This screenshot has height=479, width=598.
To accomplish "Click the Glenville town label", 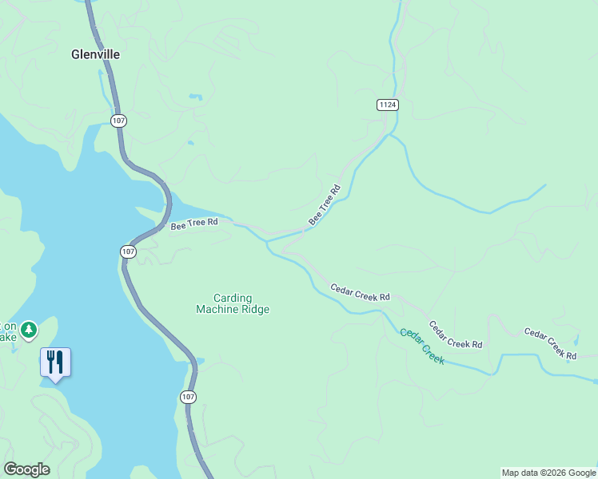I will (95, 54).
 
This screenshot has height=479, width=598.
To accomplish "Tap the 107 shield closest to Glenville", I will (118, 121).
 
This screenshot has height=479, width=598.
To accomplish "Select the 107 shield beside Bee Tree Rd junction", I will (128, 251).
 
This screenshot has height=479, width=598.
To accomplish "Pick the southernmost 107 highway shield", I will (187, 397).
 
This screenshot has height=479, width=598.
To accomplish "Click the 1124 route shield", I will (388, 105).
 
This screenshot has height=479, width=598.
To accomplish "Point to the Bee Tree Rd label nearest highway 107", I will (194, 225).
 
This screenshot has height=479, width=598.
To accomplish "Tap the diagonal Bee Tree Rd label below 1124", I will (325, 204).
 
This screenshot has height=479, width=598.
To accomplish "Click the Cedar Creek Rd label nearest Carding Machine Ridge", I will (360, 291).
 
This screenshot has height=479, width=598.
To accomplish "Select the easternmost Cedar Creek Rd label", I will (550, 342).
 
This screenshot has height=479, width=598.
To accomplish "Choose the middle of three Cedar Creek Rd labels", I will (455, 334).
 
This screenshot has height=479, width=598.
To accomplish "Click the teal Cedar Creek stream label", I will (422, 346).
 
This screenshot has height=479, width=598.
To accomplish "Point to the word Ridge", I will (256, 310).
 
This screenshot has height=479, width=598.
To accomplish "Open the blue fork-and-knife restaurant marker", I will (55, 362).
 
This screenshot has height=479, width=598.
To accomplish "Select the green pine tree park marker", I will (29, 330).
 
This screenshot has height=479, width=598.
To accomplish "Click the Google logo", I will (26, 469).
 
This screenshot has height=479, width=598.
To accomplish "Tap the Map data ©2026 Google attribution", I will (548, 473).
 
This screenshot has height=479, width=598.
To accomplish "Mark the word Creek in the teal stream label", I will (432, 354).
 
